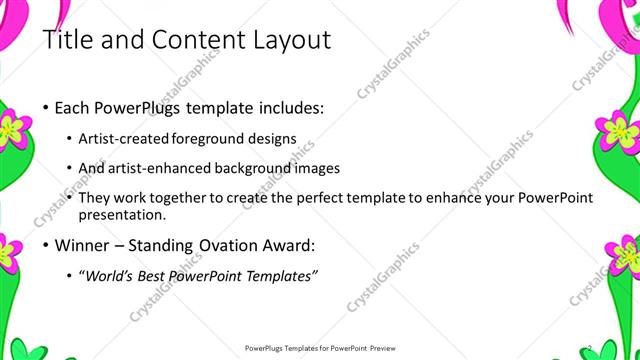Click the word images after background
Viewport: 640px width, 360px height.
pos(317,168)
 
